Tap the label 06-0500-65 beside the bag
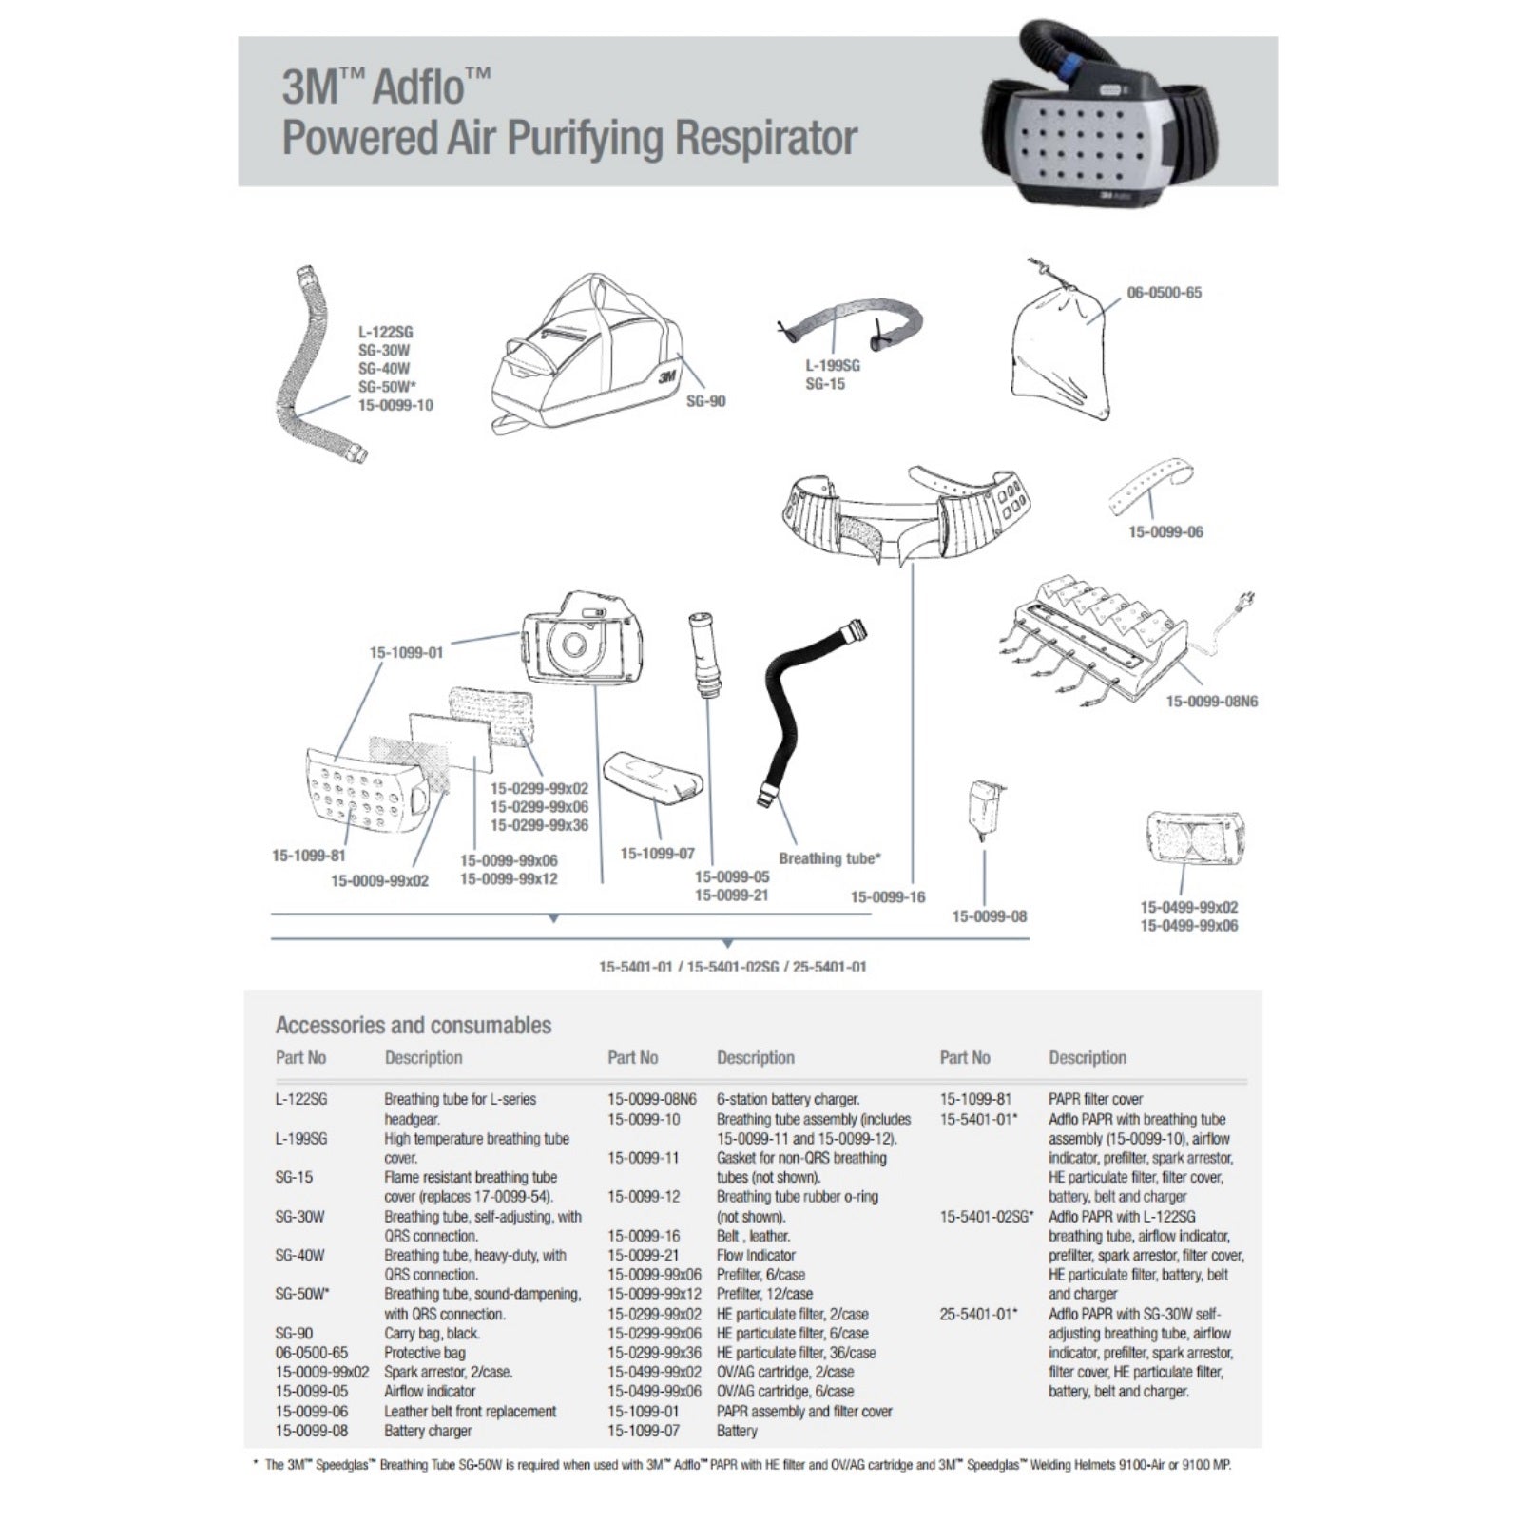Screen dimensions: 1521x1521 pyautogui.click(x=1164, y=293)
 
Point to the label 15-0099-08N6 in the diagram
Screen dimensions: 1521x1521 pyautogui.click(x=1211, y=702)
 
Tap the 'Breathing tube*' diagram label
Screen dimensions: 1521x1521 pyautogui.click(x=829, y=858)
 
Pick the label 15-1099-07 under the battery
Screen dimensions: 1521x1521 pyautogui.click(x=657, y=854)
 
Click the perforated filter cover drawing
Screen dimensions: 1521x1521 pyautogui.click(x=366, y=797)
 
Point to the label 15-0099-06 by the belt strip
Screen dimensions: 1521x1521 pyautogui.click(x=1165, y=532)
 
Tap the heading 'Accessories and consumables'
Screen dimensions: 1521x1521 pyautogui.click(x=413, y=1026)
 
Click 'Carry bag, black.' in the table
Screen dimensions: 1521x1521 pyautogui.click(x=432, y=1334)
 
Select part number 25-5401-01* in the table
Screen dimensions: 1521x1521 pyautogui.click(x=978, y=1314)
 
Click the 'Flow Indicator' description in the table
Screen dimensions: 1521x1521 pyautogui.click(x=756, y=1256)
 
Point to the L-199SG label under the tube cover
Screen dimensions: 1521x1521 pyautogui.click(x=832, y=366)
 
